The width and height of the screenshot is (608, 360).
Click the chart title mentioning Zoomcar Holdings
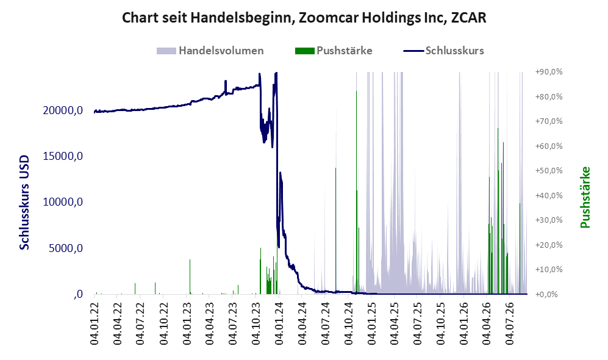pyautogui.click(x=304, y=18)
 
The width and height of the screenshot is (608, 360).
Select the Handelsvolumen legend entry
pyautogui.click(x=210, y=51)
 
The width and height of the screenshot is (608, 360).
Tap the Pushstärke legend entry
pyautogui.click(x=334, y=51)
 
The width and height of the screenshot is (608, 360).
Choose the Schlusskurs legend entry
pyautogui.click(x=443, y=51)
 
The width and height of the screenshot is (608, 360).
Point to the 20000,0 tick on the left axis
pyautogui.click(x=63, y=110)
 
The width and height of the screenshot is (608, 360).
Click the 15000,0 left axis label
pyautogui.click(x=63, y=156)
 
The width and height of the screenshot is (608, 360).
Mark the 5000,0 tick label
pyautogui.click(x=65, y=248)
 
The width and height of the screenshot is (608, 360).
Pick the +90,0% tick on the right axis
pyautogui.click(x=549, y=72)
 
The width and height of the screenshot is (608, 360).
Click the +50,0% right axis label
pyautogui.click(x=549, y=171)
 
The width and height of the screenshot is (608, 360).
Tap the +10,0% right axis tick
pyautogui.click(x=549, y=269)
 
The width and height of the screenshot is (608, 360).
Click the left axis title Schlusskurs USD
pyautogui.click(x=24, y=202)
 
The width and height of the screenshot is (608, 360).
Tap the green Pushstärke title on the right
pyautogui.click(x=585, y=197)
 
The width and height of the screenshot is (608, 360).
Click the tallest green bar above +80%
pyautogui.click(x=356, y=192)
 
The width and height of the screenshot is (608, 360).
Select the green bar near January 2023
pyautogui.click(x=190, y=276)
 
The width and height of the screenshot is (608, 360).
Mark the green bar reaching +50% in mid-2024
pyautogui.click(x=336, y=231)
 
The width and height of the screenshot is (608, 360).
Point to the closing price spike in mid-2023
pyautogui.click(x=225, y=86)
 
